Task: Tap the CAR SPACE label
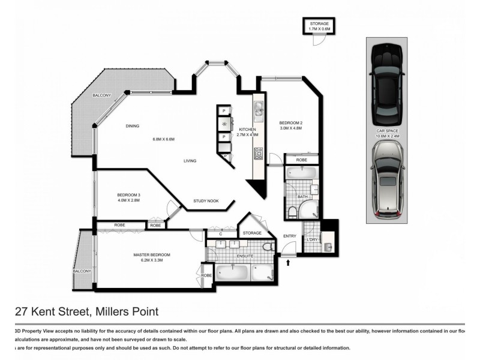click(388, 131)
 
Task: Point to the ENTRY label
click(289, 236)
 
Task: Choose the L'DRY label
click(312, 240)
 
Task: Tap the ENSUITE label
click(245, 256)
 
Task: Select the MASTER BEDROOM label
click(152, 254)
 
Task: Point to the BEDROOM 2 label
click(290, 122)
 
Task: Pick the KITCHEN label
click(248, 130)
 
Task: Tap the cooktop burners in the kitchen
click(258, 153)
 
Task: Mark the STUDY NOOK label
click(205, 201)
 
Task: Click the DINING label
click(133, 126)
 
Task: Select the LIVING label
click(190, 161)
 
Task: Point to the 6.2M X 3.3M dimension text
click(152, 260)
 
